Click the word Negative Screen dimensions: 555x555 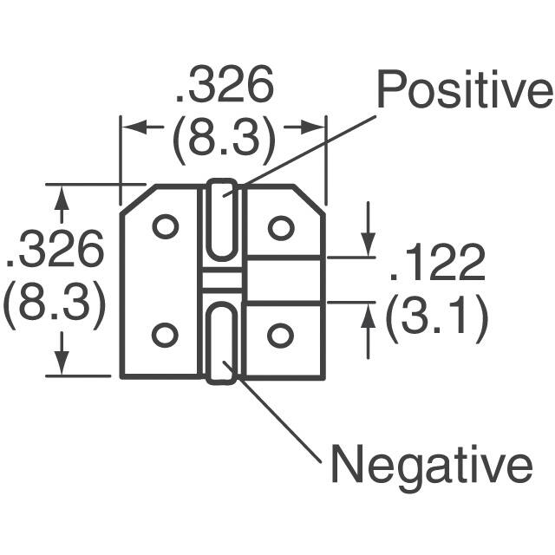click(431, 465)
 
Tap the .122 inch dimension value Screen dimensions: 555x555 click(436, 264)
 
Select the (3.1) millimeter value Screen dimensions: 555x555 click(435, 318)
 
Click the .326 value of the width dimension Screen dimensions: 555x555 click(224, 87)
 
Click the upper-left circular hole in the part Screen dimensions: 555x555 click(165, 226)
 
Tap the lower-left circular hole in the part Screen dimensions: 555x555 click(165, 334)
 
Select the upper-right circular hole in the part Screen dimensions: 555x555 click(280, 227)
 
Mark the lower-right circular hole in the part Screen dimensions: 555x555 click(280, 334)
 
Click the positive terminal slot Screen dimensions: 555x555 click(224, 221)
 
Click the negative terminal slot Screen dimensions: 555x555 click(224, 341)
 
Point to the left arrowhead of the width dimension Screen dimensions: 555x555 click(127, 127)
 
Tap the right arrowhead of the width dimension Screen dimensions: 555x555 click(317, 127)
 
